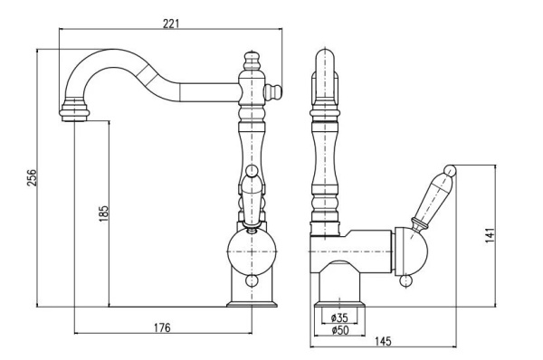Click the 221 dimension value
(x=171, y=24)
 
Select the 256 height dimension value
(x=32, y=177)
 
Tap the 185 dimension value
(x=103, y=214)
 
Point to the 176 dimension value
(x=162, y=327)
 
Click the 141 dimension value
(x=490, y=235)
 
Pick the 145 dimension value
(x=383, y=341)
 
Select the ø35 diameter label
(x=339, y=317)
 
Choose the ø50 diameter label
(x=340, y=330)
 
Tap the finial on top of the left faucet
(x=252, y=61)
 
